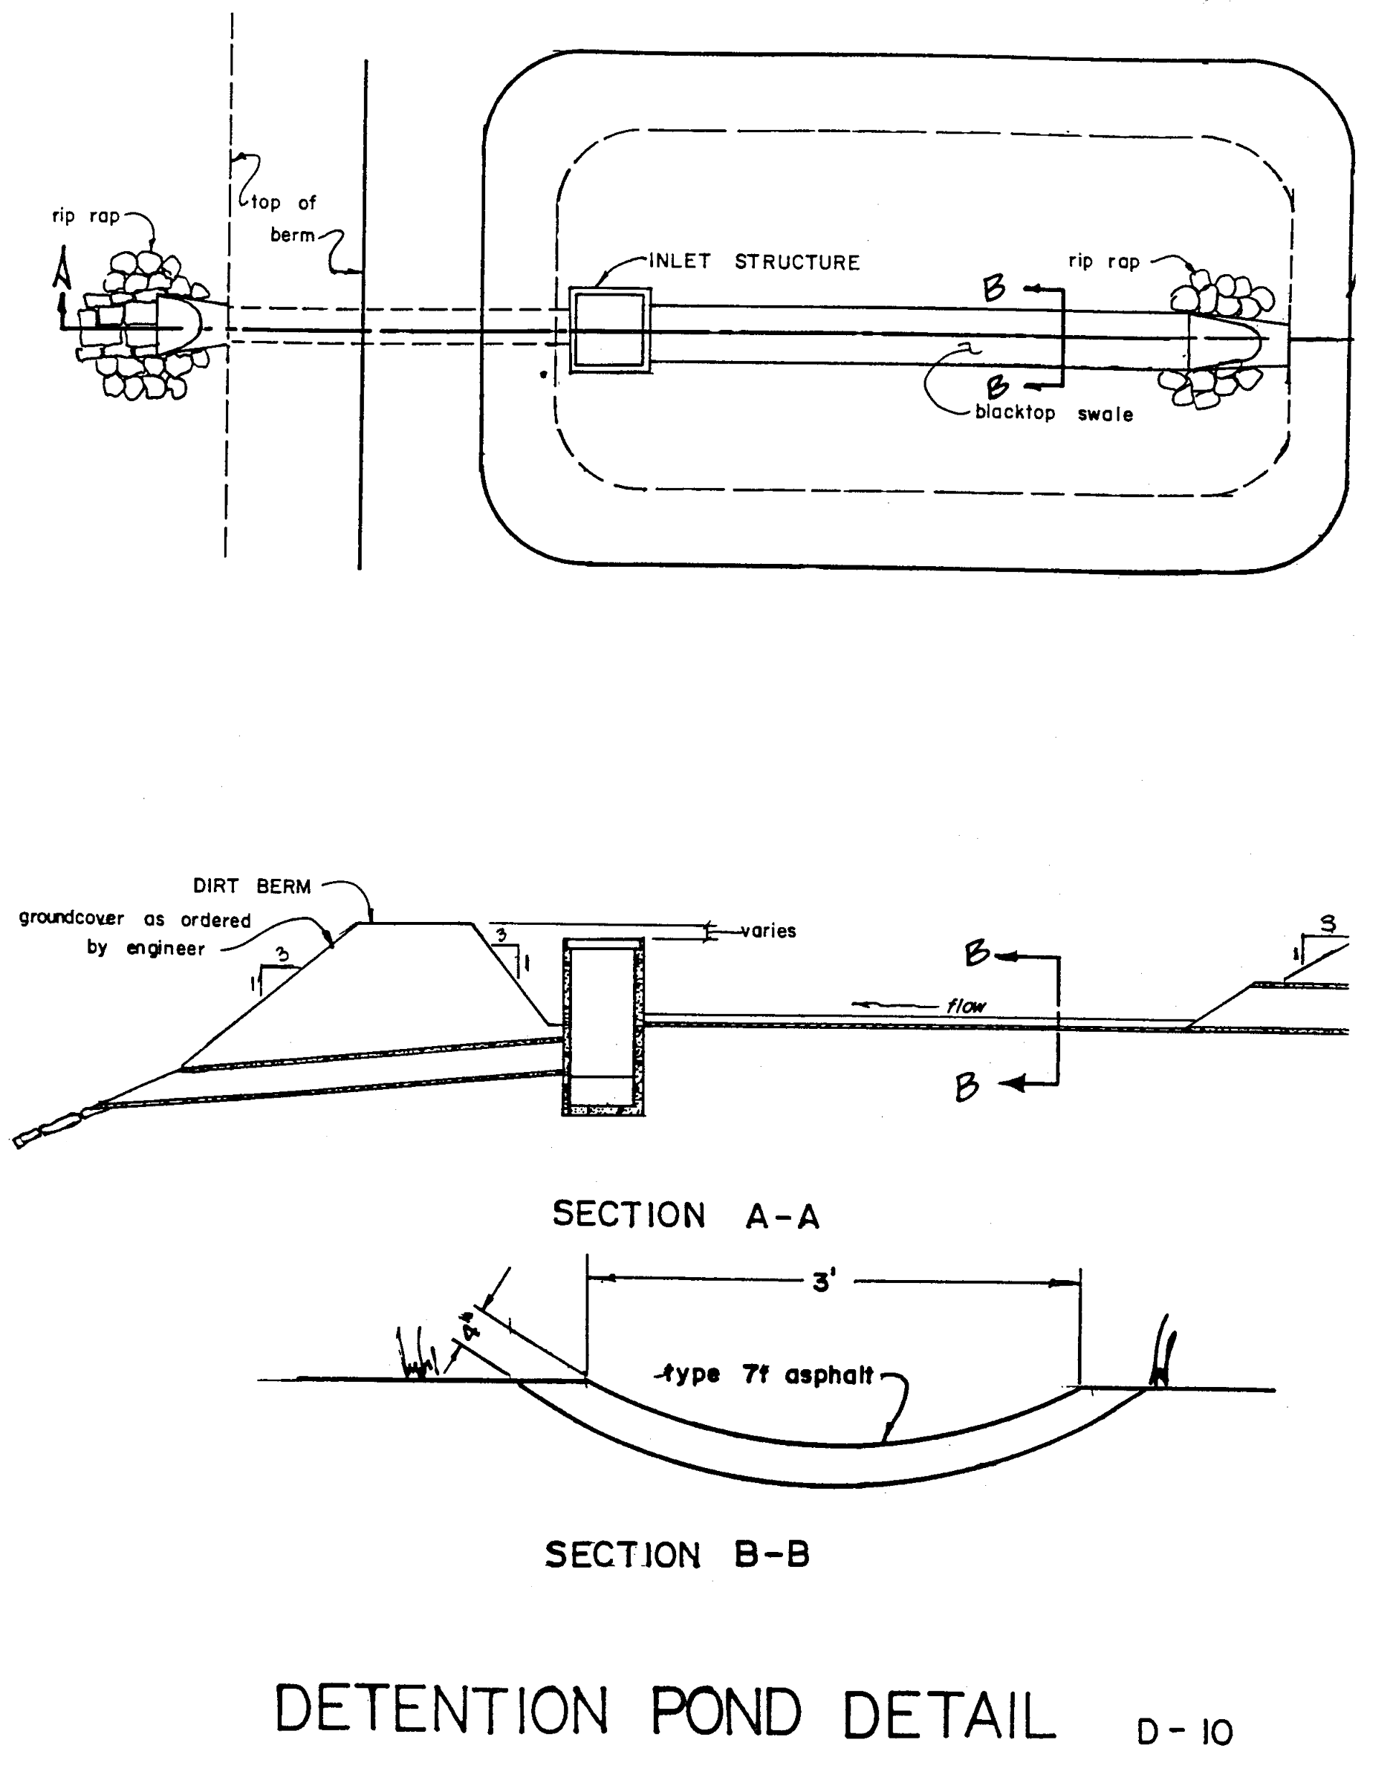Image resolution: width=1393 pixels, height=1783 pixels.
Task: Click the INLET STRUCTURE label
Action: pos(755,262)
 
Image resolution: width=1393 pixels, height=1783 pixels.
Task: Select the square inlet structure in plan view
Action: pos(610,331)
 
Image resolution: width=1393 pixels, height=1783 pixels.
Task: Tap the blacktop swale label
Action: pos(1054,413)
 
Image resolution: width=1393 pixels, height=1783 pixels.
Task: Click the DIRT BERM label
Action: pos(252,886)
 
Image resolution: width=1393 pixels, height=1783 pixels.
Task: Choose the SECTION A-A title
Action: pos(686,1215)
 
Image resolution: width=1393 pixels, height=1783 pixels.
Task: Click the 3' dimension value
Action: pos(823,1282)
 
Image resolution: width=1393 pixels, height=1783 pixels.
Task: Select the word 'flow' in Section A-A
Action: pos(966,1007)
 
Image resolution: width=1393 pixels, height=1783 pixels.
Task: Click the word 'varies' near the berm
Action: pos(768,931)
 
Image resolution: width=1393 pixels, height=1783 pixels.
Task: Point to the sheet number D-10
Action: pos(1185,1733)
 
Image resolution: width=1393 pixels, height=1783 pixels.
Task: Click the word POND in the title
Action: pos(726,1710)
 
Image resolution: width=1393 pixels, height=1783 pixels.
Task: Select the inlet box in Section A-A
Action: pos(603,1027)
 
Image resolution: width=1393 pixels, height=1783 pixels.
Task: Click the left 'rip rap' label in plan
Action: pos(85,216)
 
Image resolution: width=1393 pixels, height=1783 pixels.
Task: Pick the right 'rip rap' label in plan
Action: pos(1104,262)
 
